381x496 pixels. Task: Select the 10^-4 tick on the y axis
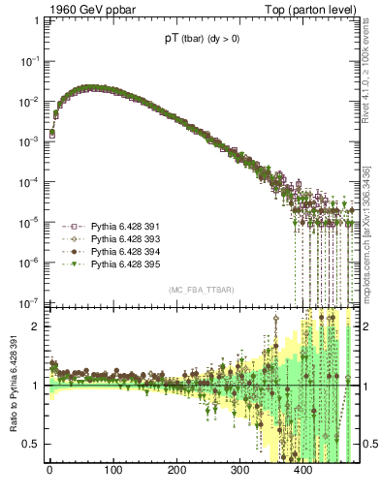point(29,181)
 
